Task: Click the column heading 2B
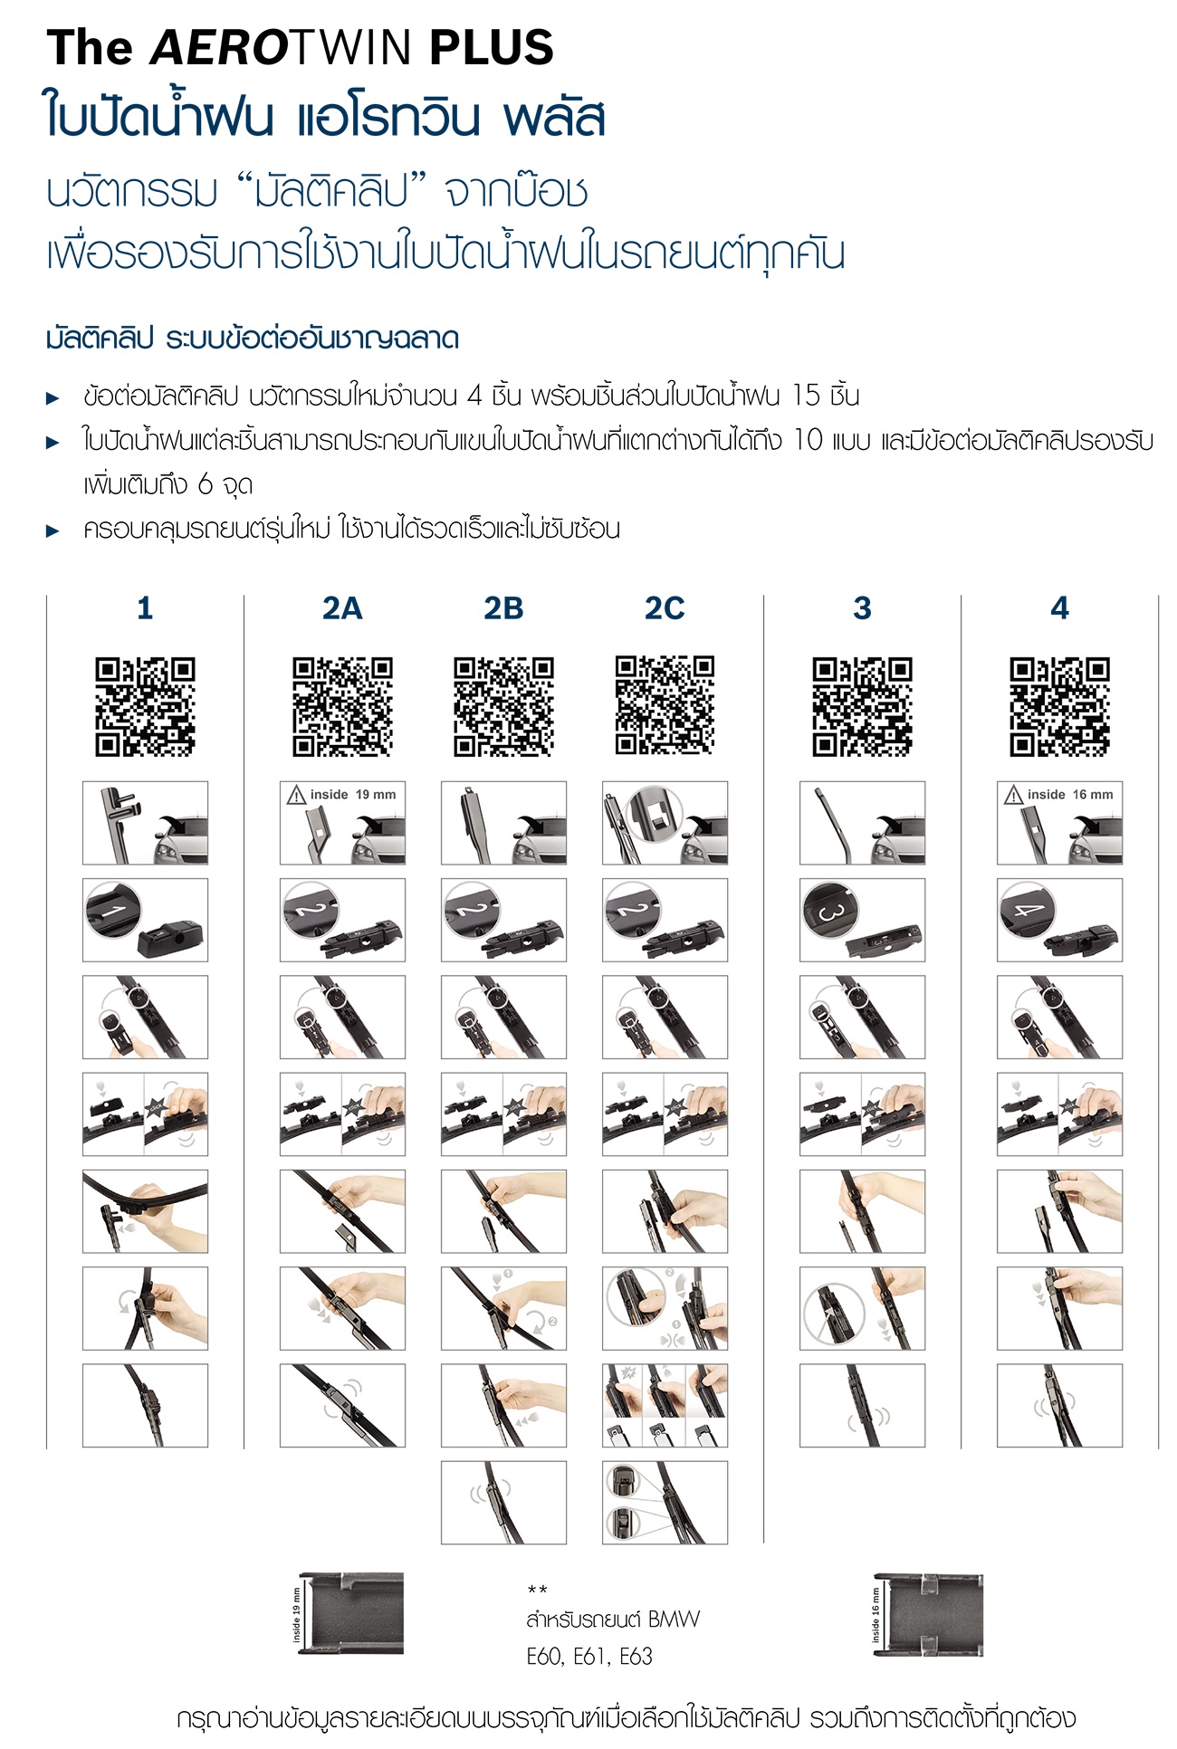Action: point(503,608)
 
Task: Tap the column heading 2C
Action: point(665,608)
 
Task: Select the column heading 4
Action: point(1059,608)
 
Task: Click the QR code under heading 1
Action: point(145,707)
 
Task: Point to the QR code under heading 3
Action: point(862,707)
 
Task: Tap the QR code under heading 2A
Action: point(342,707)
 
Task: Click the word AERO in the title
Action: point(217,48)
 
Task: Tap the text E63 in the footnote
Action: point(636,1656)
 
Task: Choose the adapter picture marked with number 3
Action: point(862,920)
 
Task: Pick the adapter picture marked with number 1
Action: point(145,920)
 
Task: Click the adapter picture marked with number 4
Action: point(1059,920)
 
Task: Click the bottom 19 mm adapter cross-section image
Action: point(348,1614)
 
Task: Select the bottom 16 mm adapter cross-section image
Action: point(927,1614)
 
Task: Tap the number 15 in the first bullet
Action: point(806,396)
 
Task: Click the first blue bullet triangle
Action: point(53,397)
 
